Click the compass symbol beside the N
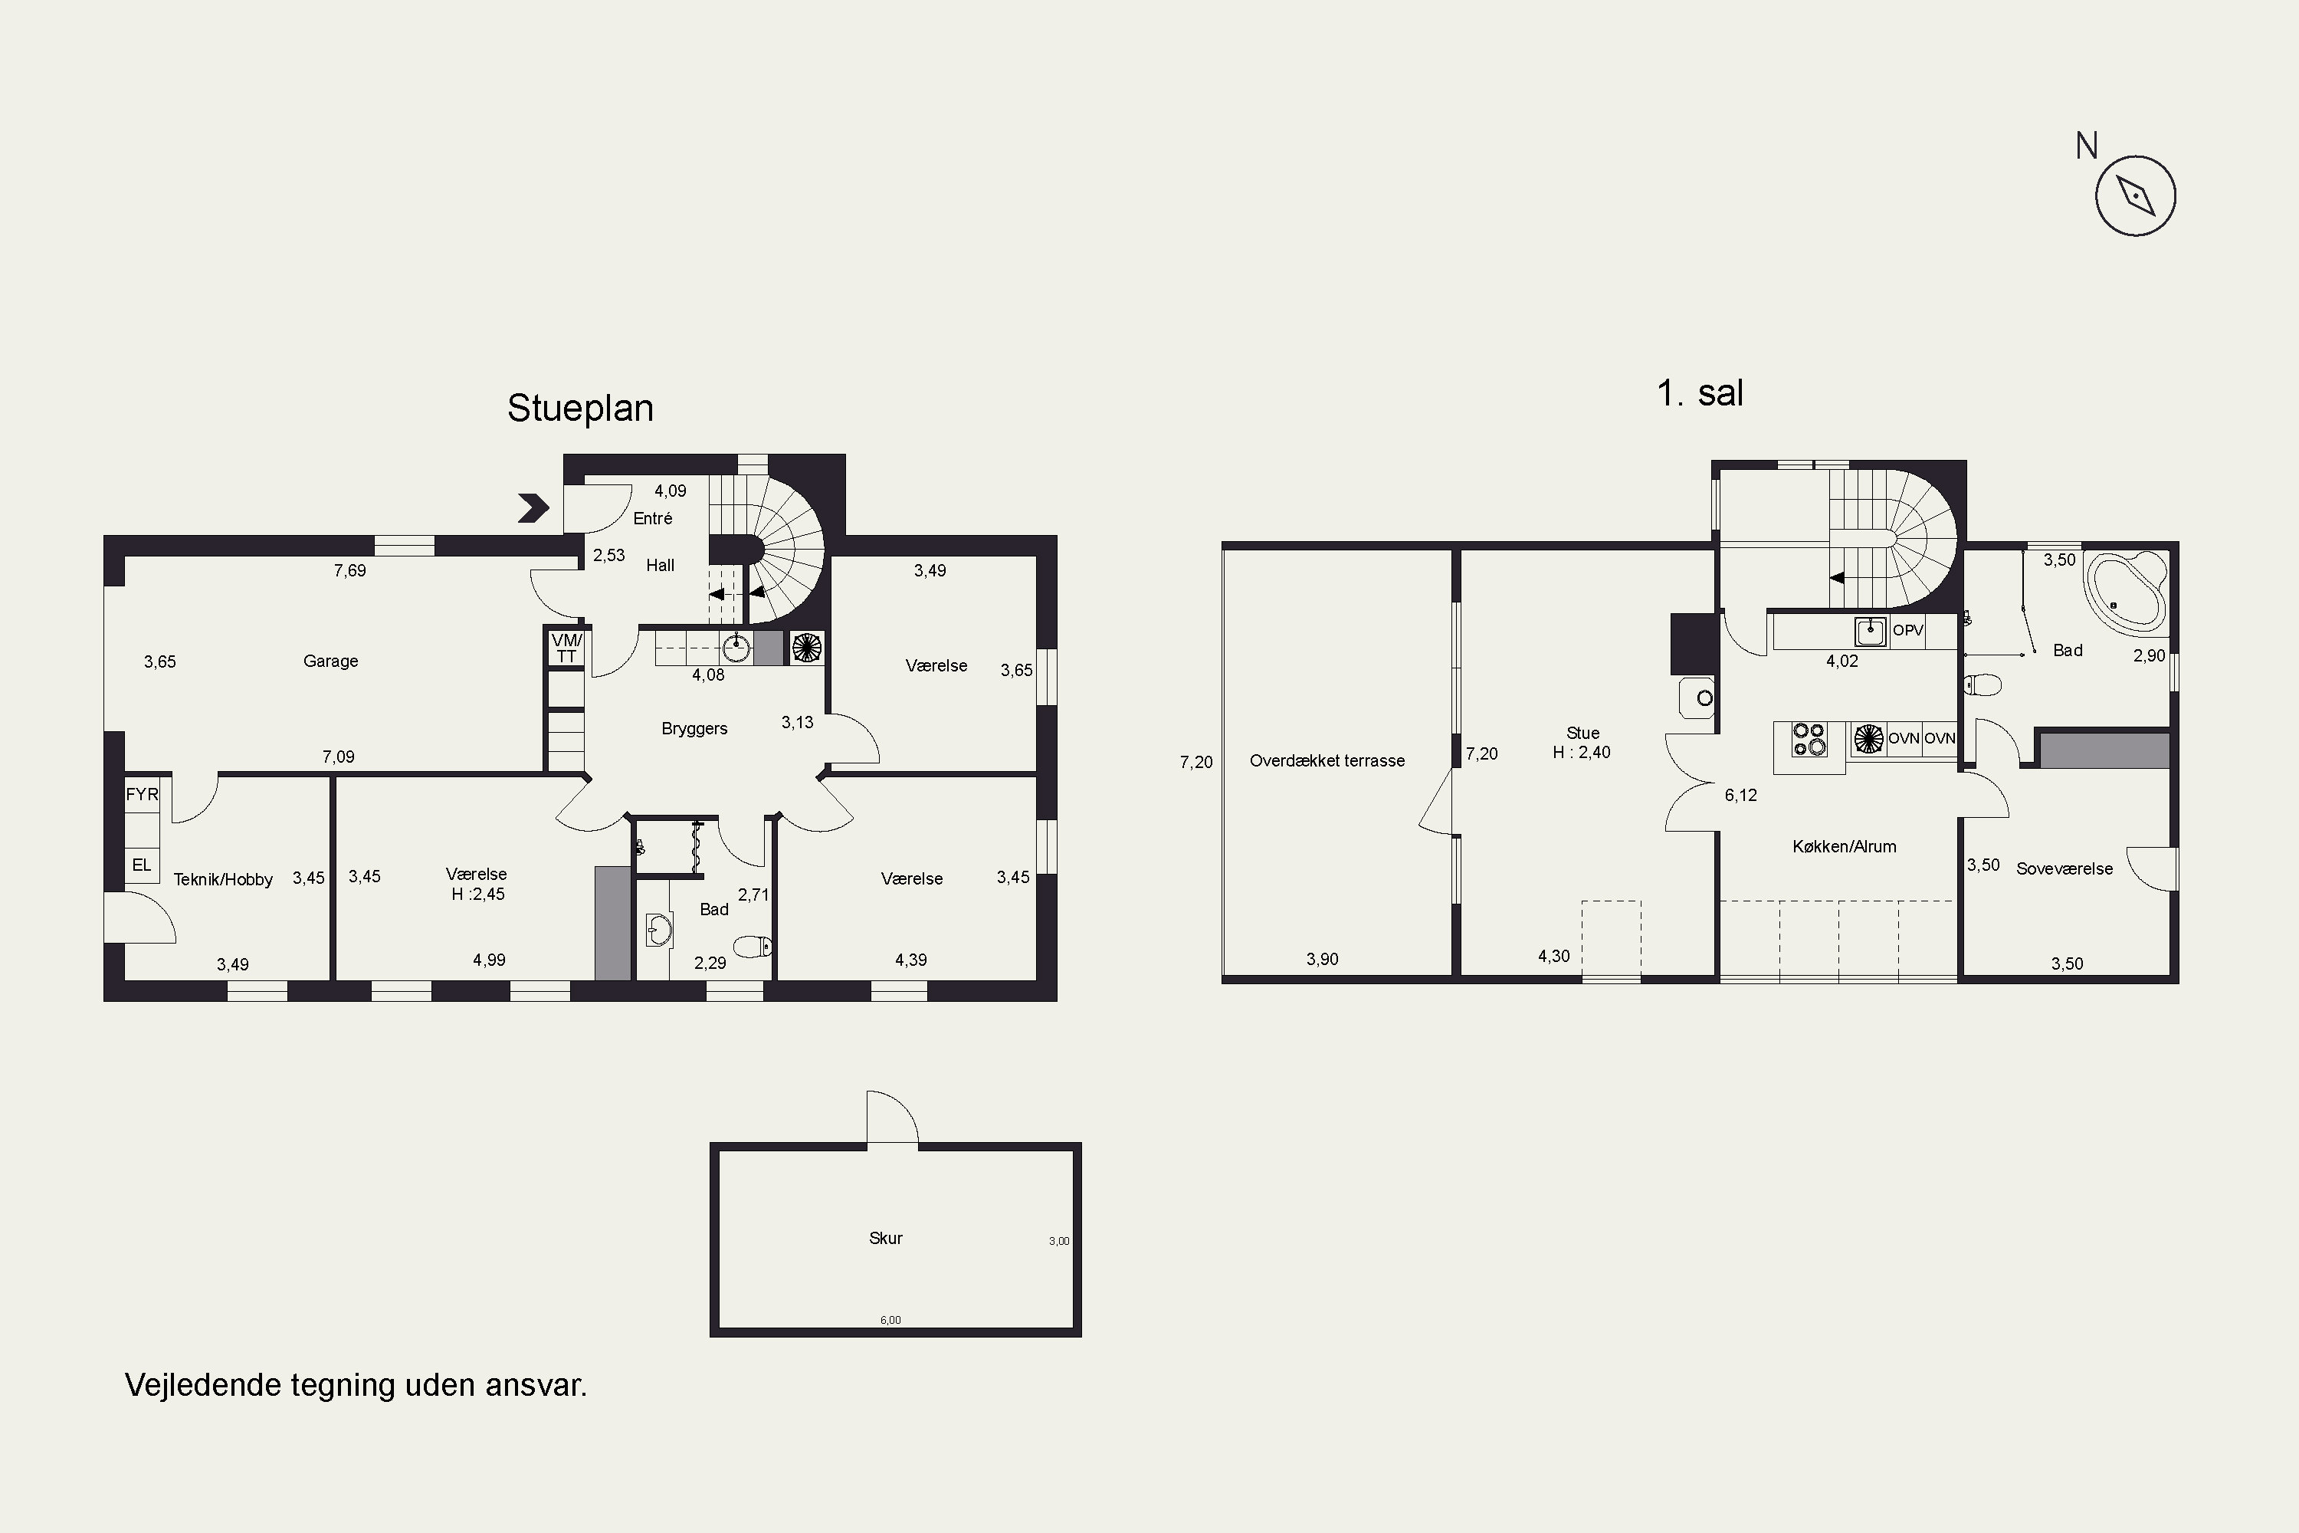2135,195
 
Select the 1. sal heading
1700,393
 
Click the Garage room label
330,661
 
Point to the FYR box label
142,794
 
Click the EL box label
142,865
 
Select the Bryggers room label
694,728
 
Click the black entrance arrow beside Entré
533,507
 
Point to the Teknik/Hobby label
223,880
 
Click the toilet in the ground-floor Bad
753,945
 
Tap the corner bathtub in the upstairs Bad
2125,589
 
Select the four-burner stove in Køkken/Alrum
1809,739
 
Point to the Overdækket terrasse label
1327,760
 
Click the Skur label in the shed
886,1238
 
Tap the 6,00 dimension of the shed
890,1320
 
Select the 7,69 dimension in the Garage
350,570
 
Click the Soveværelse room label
2065,868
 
